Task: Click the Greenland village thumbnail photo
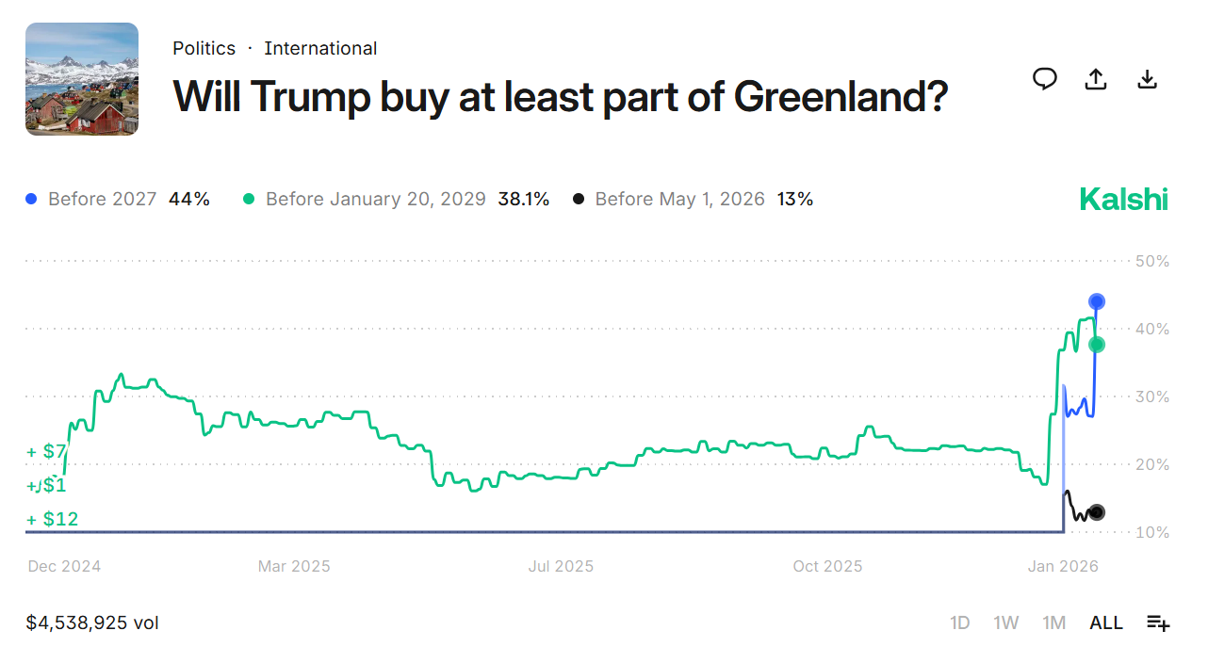point(82,79)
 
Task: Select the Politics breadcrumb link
point(204,48)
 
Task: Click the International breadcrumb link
point(320,48)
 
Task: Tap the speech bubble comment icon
point(1044,79)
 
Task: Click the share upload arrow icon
point(1095,79)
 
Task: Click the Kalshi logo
point(1123,200)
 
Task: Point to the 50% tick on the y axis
point(1151,261)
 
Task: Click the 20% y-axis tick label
point(1151,464)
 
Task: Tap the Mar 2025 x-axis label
point(294,566)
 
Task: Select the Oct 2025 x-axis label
point(827,566)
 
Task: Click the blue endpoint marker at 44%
point(1097,301)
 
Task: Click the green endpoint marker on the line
point(1097,345)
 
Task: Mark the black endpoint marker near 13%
point(1097,513)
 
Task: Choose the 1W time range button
point(1005,623)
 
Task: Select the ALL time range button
point(1106,623)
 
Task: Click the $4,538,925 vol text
point(92,623)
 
